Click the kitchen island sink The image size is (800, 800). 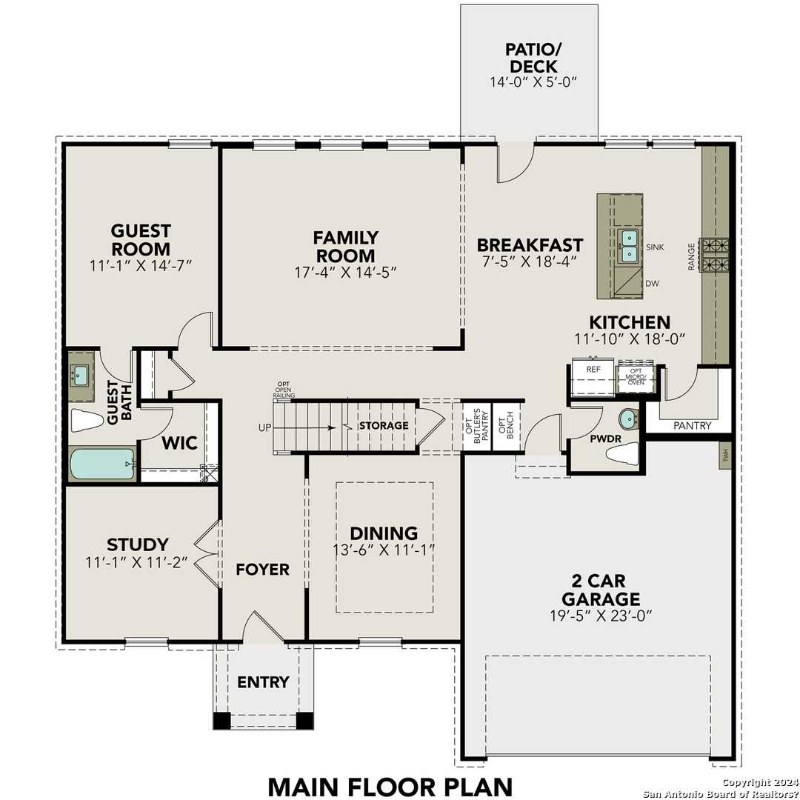(x=628, y=246)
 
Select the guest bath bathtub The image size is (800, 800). (x=101, y=464)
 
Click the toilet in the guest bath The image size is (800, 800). (x=87, y=421)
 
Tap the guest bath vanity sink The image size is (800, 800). (x=80, y=376)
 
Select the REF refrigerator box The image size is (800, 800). (x=593, y=378)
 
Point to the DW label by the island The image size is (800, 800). (x=653, y=283)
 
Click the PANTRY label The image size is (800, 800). (x=693, y=426)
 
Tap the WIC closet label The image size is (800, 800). (x=179, y=443)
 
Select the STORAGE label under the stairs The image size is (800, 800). (x=384, y=426)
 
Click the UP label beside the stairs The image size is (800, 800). (x=264, y=427)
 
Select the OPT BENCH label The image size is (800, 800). (x=506, y=424)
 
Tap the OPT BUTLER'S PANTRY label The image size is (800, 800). (x=476, y=424)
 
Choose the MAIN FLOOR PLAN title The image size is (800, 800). (x=390, y=785)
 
